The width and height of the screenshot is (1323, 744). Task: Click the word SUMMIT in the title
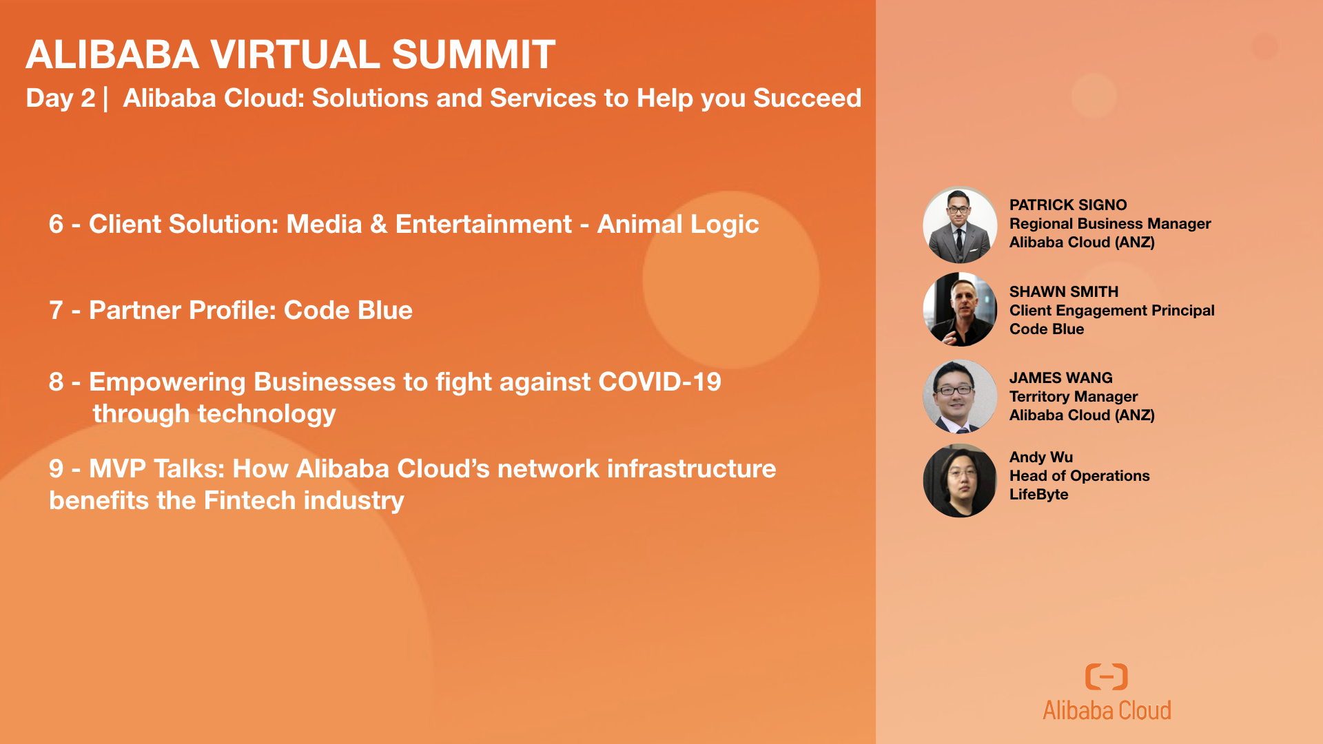click(473, 54)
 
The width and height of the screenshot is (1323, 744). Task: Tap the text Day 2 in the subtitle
click(61, 99)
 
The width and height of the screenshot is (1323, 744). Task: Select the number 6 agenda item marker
click(56, 224)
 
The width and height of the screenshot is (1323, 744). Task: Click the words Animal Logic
click(678, 225)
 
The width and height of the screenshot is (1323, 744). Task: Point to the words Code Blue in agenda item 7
click(348, 310)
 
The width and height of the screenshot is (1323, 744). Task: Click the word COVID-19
click(659, 382)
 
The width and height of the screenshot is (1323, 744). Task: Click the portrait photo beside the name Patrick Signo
click(960, 224)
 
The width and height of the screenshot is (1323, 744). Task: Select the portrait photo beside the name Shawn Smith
click(960, 309)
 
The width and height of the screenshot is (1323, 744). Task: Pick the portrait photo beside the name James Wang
click(960, 396)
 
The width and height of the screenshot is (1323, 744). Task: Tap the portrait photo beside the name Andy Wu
click(960, 481)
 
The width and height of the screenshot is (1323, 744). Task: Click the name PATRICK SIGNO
click(1068, 205)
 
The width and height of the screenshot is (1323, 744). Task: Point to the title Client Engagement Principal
click(1111, 311)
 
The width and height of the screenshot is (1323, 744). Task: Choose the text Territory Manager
click(1074, 397)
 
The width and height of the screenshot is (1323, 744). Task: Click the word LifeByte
click(1038, 494)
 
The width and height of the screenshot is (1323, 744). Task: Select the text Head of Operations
click(1079, 475)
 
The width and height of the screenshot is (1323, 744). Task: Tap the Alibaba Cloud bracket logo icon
click(1107, 676)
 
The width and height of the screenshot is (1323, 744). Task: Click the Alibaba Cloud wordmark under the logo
click(1107, 710)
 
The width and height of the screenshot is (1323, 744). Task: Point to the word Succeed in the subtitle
click(807, 99)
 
